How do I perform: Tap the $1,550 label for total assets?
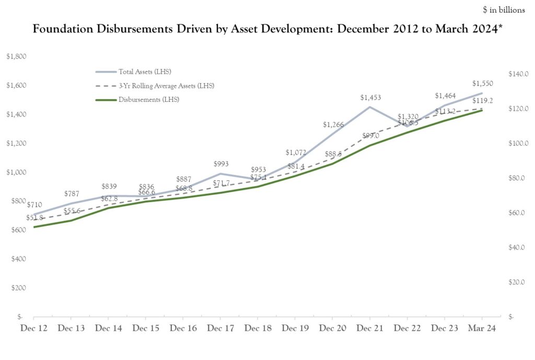(x=482, y=83)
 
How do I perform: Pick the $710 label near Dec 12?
(x=34, y=204)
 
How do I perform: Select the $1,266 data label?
(x=333, y=124)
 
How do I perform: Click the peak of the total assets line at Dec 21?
(x=369, y=107)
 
